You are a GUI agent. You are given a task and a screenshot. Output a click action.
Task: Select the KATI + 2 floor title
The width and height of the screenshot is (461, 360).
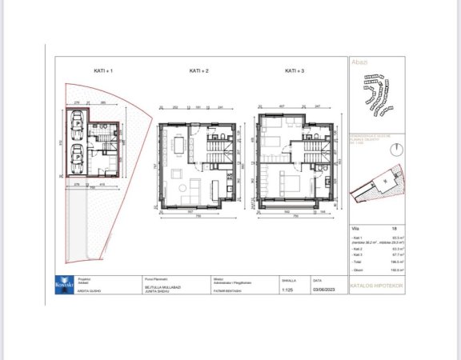pyautogui.click(x=198, y=72)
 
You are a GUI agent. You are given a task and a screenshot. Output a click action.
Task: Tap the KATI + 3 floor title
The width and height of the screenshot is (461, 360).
pyautogui.click(x=295, y=72)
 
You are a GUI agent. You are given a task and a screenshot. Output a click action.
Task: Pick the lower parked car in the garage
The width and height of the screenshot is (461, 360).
pyautogui.click(x=78, y=154)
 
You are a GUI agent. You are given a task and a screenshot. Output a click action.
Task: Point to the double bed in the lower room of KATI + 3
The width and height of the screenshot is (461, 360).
pyautogui.click(x=286, y=185)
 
